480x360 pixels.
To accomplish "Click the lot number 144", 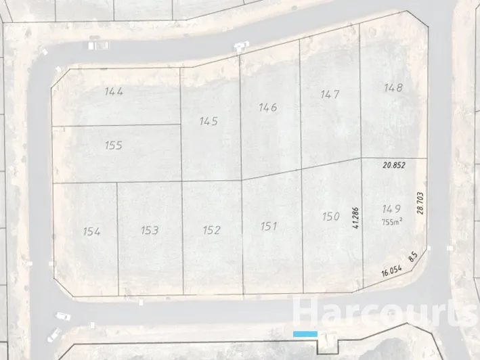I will [114, 91].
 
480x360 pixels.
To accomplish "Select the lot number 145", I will [209, 121].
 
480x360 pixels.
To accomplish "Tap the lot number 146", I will [268, 107].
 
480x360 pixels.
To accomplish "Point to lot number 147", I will [330, 95].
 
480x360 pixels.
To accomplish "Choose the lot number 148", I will [393, 87].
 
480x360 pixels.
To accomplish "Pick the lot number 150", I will [330, 217].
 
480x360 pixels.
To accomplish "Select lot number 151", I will [269, 226].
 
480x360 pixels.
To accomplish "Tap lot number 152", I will [212, 230].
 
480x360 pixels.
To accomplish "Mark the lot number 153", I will [150, 230].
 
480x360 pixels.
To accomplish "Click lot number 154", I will [91, 231].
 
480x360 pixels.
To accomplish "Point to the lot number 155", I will [114, 145].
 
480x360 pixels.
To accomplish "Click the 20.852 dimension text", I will [393, 165].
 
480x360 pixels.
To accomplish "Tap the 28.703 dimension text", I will [420, 203].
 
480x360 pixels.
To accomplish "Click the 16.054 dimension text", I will [392, 271].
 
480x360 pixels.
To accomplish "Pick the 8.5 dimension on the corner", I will [412, 258].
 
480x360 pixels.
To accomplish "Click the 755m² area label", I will [391, 221].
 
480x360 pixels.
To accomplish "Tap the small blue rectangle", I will [305, 334].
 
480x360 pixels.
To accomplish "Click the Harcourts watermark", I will [384, 313].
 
